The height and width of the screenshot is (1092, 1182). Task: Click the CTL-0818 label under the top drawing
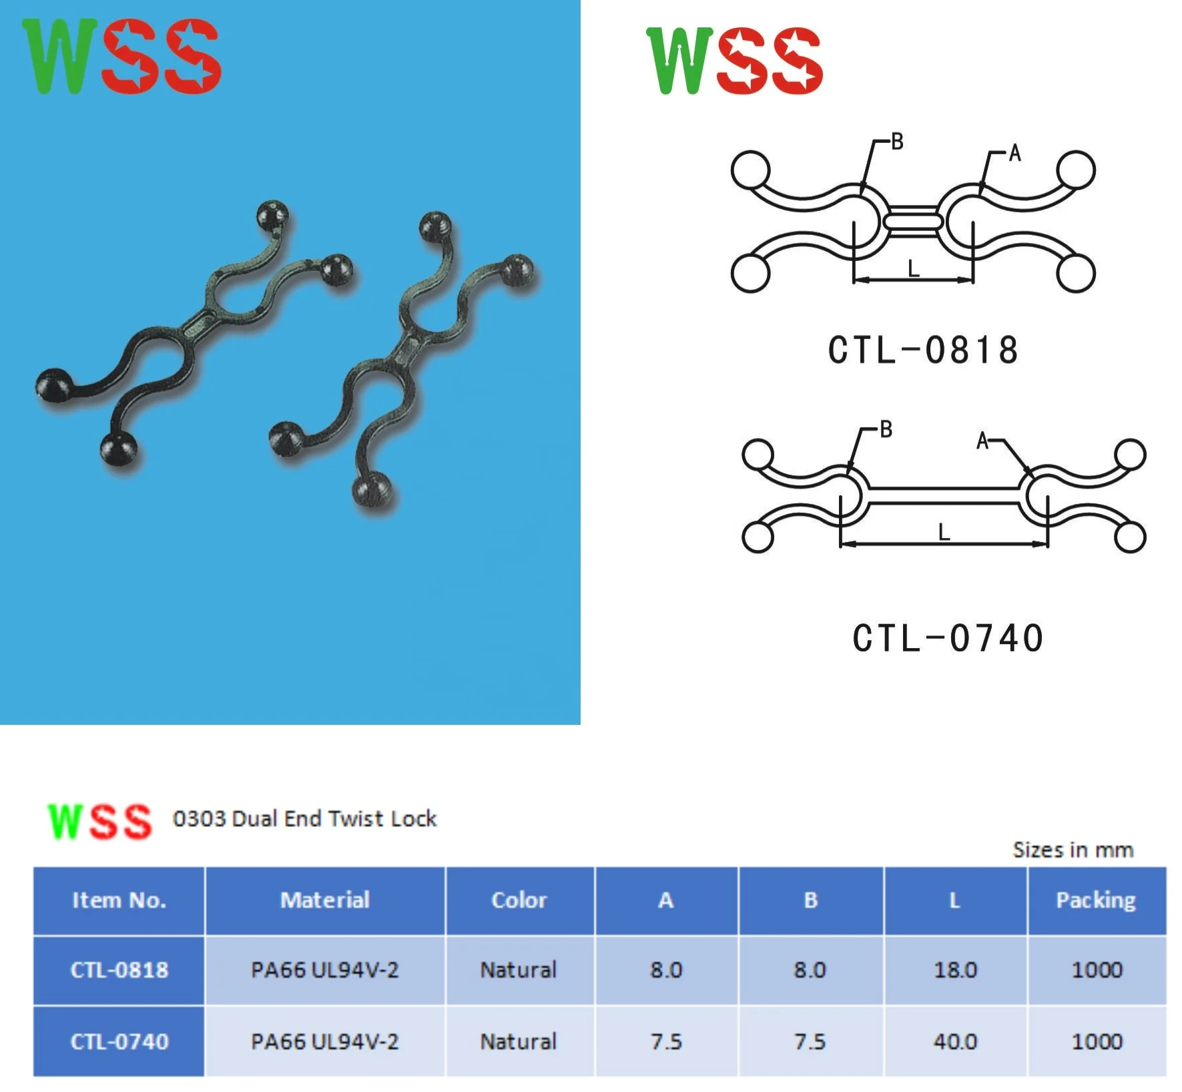923,350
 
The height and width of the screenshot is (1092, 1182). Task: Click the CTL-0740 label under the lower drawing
948,637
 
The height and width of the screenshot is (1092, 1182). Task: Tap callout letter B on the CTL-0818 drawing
897,142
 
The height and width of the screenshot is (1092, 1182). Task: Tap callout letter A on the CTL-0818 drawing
1014,154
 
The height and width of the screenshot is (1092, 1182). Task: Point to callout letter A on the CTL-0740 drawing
982,441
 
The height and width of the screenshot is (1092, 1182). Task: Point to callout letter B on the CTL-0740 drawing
886,429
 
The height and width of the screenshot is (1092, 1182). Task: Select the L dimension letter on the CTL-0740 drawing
943,532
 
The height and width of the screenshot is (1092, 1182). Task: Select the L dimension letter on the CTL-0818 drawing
914,268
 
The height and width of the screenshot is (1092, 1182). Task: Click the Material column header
325,900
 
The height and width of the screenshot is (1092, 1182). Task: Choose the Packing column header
1095,900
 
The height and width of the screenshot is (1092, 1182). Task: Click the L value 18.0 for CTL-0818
955,969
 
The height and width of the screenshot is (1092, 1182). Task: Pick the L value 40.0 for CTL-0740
955,1041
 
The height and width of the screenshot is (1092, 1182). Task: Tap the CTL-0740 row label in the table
119,1041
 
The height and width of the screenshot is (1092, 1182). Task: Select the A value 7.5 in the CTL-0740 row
666,1041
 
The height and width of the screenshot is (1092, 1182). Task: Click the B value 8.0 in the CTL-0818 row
810,969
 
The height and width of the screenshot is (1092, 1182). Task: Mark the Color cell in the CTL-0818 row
519,969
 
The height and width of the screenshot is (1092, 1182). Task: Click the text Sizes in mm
1073,850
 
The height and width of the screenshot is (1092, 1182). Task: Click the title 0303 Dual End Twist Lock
304,818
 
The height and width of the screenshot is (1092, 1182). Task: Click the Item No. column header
119,900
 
